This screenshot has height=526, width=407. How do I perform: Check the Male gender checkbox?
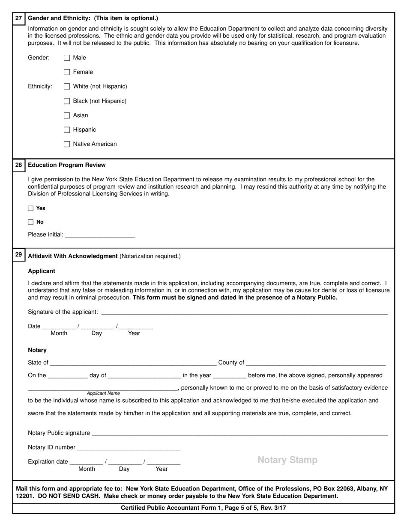coord(67,58)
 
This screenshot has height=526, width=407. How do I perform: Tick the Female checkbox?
coord(67,72)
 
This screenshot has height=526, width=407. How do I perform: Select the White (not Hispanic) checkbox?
coord(67,86)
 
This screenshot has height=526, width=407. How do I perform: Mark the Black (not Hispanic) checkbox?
coord(67,101)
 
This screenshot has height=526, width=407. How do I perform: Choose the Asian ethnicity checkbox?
coord(67,115)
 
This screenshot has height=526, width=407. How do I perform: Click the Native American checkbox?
coord(67,144)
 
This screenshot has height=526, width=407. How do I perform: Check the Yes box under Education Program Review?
coord(30,208)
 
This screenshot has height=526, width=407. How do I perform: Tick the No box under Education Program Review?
coord(30,222)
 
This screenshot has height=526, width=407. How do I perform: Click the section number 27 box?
coord(18,18)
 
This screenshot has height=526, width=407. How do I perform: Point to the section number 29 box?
coord(18,255)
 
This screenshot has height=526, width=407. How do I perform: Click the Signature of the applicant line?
coord(244,312)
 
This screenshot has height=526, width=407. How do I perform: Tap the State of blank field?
coord(133,363)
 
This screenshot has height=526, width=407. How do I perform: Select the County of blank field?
coord(316,363)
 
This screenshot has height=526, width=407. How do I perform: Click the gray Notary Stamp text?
coord(287,460)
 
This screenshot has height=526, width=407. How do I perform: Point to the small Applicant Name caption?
coord(103,393)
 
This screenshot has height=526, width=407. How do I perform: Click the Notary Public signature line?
coord(239,433)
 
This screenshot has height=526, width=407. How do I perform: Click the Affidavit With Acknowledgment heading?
coord(73,256)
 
